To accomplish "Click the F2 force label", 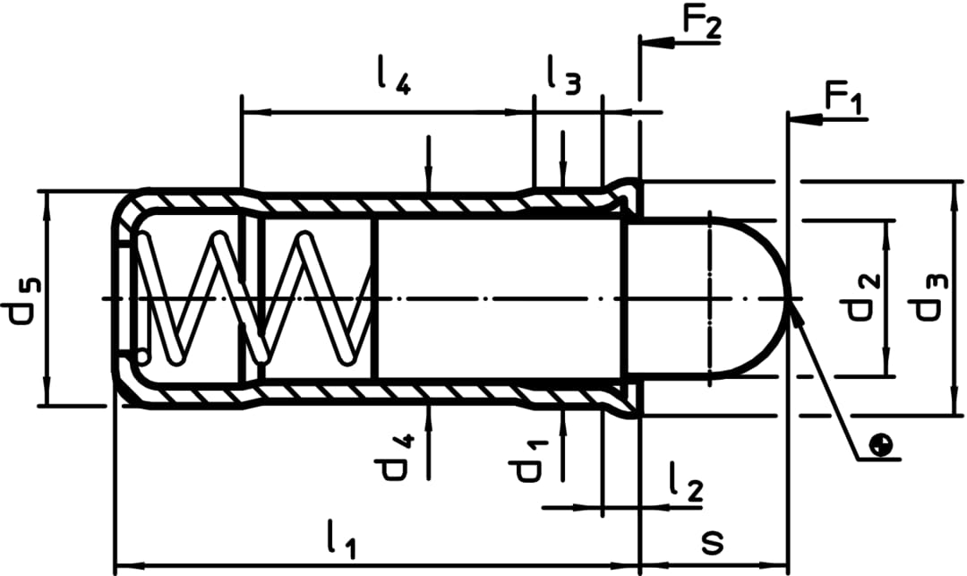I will pos(700,21).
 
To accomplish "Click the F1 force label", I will pos(843,98).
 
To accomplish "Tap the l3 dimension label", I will pos(563,78).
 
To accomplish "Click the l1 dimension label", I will pos(340,540).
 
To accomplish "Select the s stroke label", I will pos(713,542).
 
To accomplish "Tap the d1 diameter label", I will pos(526,458).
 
